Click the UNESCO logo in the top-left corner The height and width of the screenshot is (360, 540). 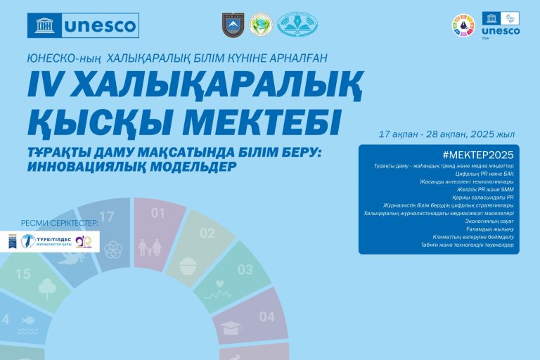click(83, 25)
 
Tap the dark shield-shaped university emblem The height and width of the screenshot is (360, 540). click(233, 25)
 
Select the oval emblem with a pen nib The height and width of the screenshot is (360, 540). click(297, 25)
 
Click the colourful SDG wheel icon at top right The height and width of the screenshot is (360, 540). click(463, 26)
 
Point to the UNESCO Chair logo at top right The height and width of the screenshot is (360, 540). click(501, 26)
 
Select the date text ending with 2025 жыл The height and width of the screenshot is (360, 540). click(446, 134)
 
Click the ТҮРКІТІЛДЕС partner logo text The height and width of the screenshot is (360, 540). click(54, 239)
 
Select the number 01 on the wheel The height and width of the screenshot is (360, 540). click(159, 213)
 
